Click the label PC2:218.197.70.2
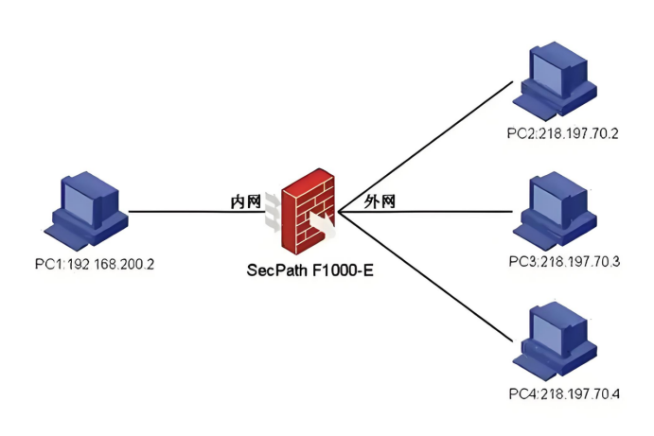tap(562, 132)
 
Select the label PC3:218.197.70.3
tap(562, 262)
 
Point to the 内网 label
tap(246, 201)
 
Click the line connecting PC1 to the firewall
tap(189, 212)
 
